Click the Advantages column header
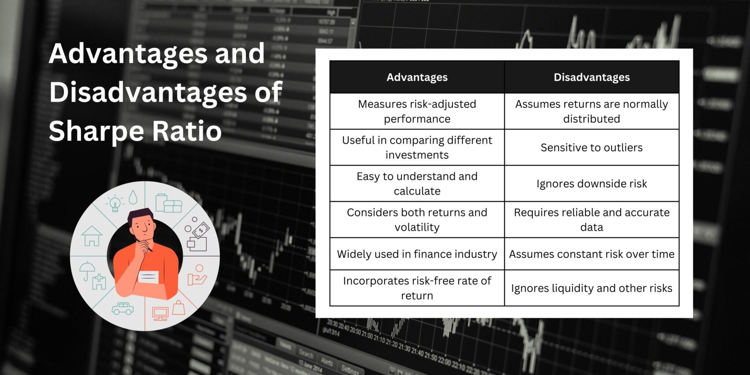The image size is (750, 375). click(x=417, y=77)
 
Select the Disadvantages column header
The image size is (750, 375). click(x=591, y=77)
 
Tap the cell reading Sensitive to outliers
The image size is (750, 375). click(x=591, y=148)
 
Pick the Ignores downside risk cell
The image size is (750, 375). click(x=591, y=183)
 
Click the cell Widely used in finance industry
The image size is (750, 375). click(x=417, y=254)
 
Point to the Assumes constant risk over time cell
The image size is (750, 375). click(x=591, y=254)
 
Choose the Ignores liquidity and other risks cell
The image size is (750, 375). click(x=591, y=288)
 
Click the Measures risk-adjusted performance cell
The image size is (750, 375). click(x=417, y=111)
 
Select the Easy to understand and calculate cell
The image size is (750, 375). click(x=417, y=183)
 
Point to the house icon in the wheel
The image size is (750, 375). click(x=92, y=236)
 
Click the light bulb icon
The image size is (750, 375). click(x=115, y=203)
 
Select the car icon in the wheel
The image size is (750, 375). click(x=123, y=309)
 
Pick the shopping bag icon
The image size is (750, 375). click(x=179, y=308)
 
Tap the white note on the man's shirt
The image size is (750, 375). click(x=148, y=277)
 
